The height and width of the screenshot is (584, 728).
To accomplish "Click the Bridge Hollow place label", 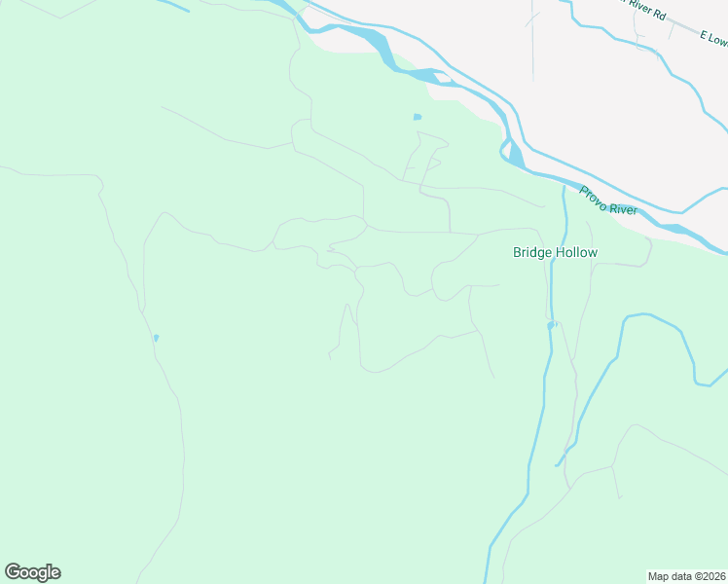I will point(555,253).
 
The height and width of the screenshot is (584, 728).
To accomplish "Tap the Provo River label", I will point(608,201).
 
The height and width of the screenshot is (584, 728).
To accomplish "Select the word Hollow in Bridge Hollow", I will point(577,253).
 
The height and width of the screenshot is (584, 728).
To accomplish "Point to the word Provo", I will point(594,195).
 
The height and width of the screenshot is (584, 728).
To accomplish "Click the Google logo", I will point(32,572).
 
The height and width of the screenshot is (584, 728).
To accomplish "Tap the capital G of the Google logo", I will point(13,572).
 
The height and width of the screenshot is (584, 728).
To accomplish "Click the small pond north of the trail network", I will point(418,117).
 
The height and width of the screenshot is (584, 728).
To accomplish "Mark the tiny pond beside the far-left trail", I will point(156,338).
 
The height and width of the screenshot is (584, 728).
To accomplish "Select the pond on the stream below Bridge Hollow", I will point(551,325).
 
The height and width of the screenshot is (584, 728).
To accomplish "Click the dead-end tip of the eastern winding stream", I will point(558,464).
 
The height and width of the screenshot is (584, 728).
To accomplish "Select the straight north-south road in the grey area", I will point(533,49).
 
